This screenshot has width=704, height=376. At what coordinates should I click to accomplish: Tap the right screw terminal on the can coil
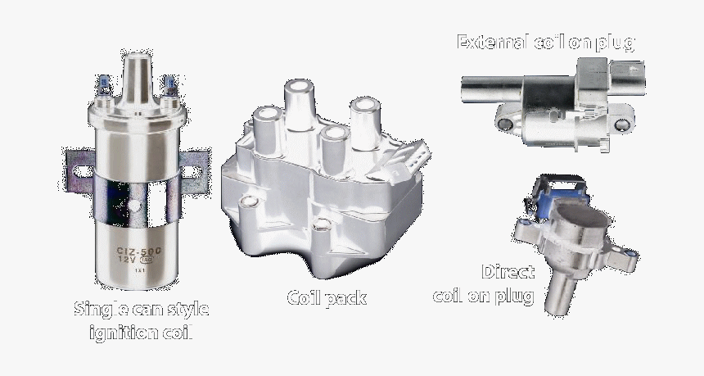[x=169, y=85]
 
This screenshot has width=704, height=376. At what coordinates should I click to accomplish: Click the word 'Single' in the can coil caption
[x=100, y=310]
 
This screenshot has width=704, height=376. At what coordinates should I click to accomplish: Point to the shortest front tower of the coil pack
[x=332, y=143]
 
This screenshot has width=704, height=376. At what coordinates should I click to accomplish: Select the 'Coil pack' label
[x=327, y=298]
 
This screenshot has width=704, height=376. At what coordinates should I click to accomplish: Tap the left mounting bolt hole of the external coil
[x=506, y=124]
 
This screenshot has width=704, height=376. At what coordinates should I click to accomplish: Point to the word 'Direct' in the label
[x=508, y=272]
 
